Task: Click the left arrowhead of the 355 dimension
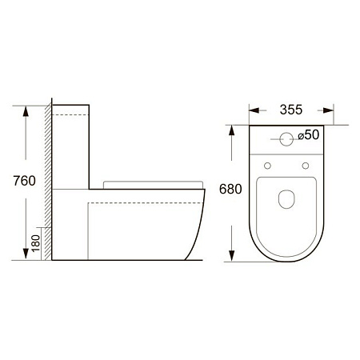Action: [254, 111]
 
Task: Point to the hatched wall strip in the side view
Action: [49, 184]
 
